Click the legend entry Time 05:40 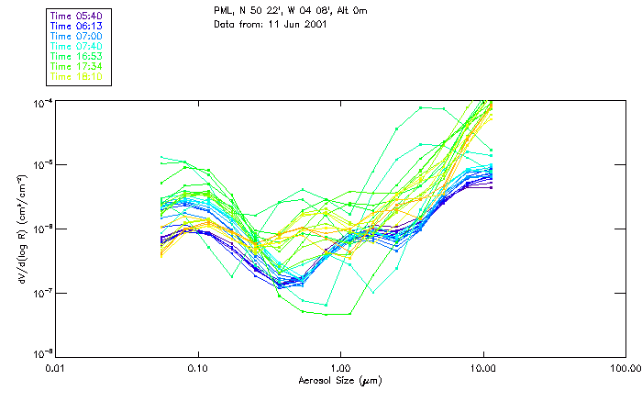[77, 17]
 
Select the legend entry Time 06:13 [77, 27]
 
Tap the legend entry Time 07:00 [77, 37]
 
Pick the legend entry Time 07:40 [77, 47]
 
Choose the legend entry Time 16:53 [77, 57]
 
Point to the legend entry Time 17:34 [77, 67]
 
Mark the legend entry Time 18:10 [77, 77]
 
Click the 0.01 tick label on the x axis [56, 368]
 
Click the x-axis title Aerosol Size [340, 380]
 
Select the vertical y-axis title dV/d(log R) [20, 227]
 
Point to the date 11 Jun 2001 [302, 24]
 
